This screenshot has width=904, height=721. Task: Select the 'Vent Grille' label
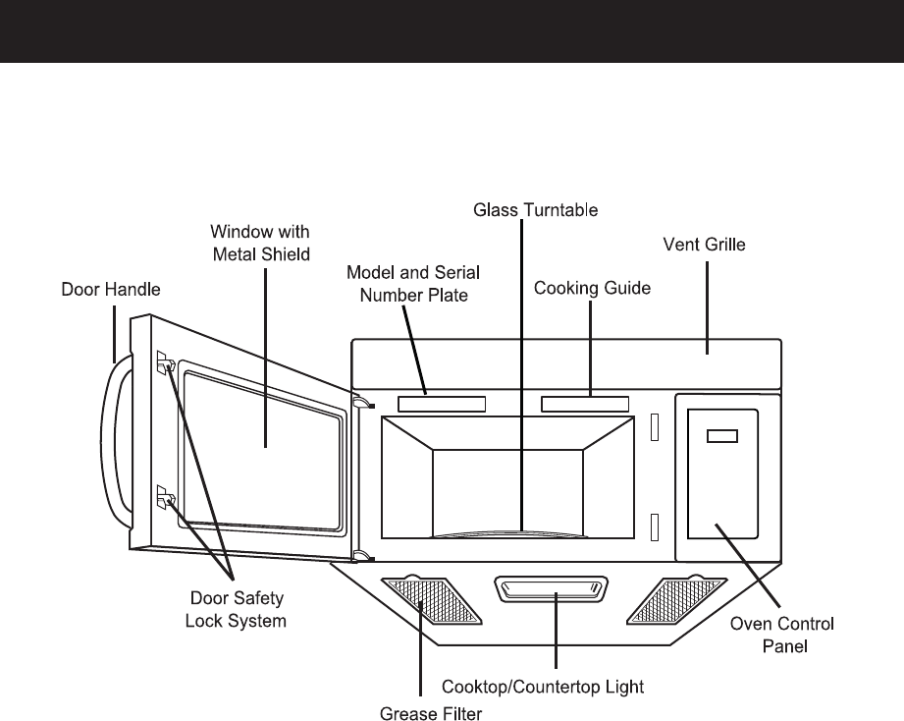point(705,245)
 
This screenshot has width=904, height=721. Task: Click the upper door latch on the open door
point(164,365)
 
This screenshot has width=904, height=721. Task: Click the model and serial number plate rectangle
point(442,403)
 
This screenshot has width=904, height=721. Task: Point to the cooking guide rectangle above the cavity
point(585,403)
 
